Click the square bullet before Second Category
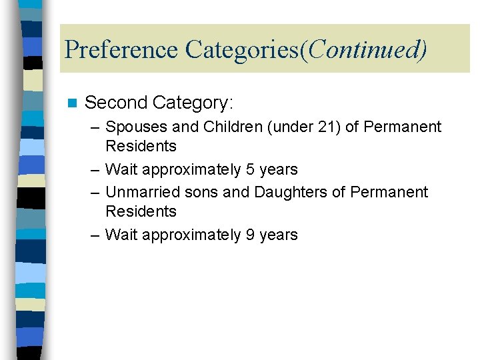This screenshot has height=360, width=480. point(73,103)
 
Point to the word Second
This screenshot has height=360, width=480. point(116,103)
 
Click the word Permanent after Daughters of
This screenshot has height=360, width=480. point(389,192)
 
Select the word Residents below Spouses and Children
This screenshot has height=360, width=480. point(141,146)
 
